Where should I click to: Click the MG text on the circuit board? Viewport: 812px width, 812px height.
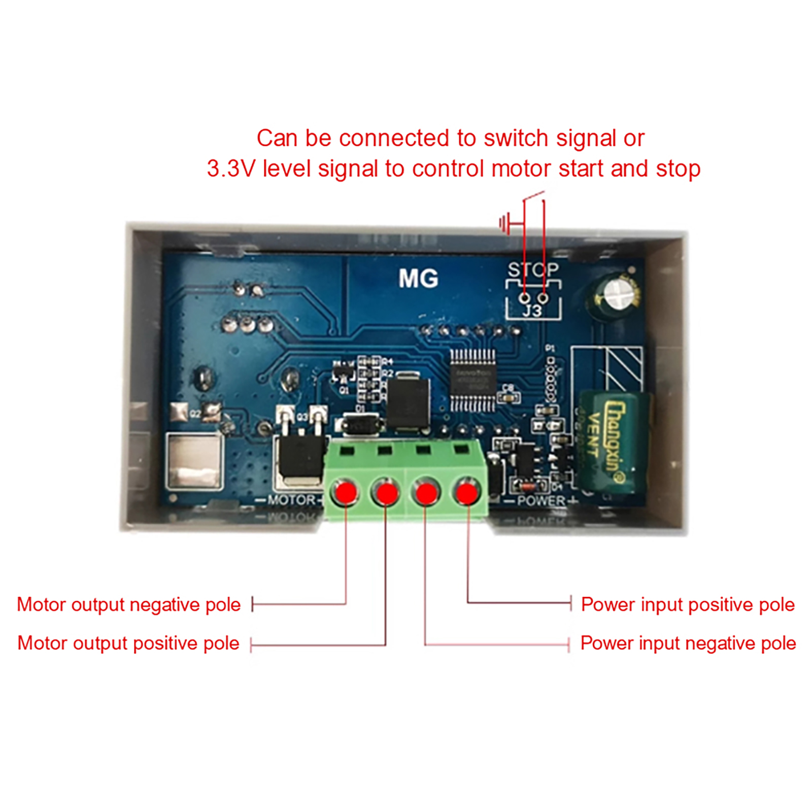(418, 279)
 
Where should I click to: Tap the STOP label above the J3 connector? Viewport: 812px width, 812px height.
(533, 269)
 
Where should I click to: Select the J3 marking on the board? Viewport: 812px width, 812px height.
(532, 311)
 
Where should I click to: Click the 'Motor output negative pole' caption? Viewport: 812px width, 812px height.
(128, 604)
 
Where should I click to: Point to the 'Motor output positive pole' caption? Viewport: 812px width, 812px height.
(128, 643)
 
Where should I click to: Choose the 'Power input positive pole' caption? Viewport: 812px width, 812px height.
(688, 604)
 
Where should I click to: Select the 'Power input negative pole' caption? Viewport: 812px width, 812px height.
(688, 643)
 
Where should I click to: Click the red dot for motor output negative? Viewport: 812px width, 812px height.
(346, 492)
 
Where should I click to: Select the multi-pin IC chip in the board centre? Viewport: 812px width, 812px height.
(472, 380)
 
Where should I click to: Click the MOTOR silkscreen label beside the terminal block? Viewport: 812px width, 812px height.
(291, 500)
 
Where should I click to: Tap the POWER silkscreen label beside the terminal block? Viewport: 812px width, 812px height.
(541, 501)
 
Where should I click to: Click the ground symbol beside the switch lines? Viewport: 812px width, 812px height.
(505, 223)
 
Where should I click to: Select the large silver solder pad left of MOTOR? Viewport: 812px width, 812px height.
(194, 461)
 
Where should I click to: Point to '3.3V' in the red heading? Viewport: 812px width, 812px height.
(230, 168)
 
